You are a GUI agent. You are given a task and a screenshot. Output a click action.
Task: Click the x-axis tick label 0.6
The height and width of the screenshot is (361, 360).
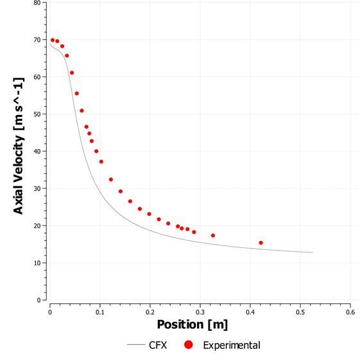click(350, 312)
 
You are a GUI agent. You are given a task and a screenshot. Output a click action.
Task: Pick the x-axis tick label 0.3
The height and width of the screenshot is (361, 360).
click(200, 312)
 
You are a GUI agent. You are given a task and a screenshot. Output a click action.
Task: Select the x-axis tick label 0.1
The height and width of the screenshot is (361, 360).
click(99, 312)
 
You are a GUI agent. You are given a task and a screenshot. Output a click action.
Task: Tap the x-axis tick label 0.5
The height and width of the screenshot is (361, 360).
click(300, 312)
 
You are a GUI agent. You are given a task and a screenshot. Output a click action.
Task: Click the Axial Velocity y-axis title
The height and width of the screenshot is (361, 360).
click(19, 151)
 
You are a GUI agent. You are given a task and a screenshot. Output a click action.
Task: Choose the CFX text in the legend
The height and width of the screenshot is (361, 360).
click(157, 346)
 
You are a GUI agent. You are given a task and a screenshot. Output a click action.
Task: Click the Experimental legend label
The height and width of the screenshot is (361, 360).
click(232, 346)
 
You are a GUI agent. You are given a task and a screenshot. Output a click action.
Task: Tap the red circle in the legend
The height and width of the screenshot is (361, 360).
click(189, 346)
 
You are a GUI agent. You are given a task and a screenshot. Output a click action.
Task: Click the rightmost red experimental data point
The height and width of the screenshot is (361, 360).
click(261, 243)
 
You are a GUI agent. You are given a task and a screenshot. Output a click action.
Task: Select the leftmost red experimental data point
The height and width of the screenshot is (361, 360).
click(53, 40)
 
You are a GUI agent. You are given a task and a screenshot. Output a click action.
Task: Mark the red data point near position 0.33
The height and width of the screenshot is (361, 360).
click(213, 236)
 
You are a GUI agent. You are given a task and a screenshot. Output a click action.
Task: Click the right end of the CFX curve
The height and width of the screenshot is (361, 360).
click(313, 252)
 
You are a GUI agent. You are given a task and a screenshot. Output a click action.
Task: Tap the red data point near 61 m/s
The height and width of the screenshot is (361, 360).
click(72, 73)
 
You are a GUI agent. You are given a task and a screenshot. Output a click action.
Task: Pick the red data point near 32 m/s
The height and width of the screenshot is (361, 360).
click(111, 180)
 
